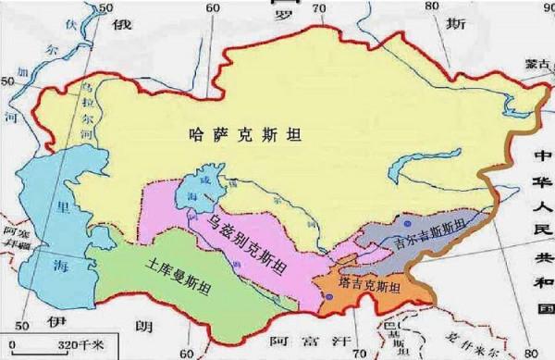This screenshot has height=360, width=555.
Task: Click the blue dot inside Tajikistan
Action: tap(331, 296)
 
